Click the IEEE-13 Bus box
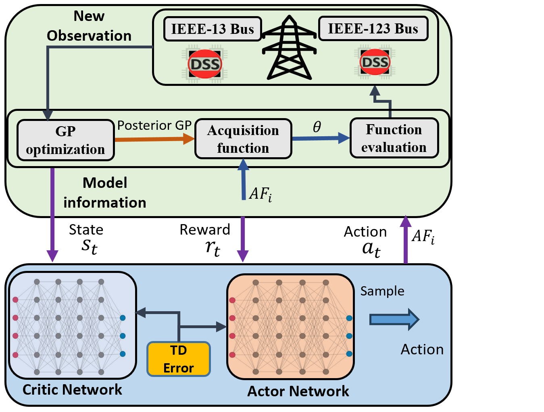[213, 29]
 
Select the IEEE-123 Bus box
[373, 29]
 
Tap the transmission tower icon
[289, 48]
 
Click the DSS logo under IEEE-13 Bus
[205, 64]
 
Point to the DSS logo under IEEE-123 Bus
[375, 62]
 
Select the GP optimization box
[66, 140]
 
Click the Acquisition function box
[243, 139]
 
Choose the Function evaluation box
[394, 138]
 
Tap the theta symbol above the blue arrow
[317, 127]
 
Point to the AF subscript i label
[261, 194]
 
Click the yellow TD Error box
[179, 359]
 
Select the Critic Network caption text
[72, 389]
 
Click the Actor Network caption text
[298, 391]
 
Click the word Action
[422, 350]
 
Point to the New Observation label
[89, 26]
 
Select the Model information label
[105, 193]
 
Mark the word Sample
[382, 291]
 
